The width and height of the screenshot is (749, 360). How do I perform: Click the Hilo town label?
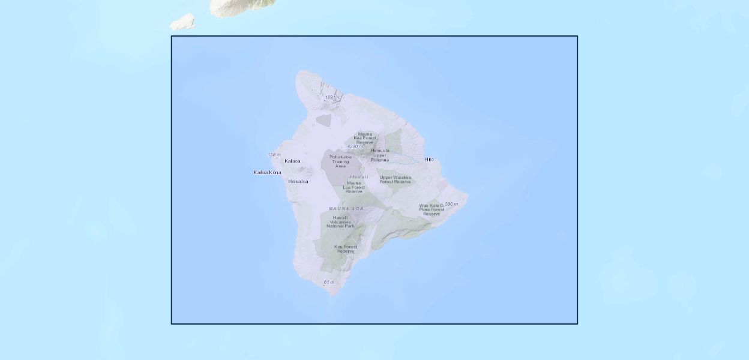429,160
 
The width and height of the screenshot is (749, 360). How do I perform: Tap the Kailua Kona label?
267,172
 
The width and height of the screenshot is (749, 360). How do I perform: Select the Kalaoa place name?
292,161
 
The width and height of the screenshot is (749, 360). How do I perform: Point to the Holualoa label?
298,181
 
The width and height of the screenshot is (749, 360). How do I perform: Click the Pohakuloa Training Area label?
340,161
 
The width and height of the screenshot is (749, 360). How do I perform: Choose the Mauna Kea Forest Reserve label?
364,138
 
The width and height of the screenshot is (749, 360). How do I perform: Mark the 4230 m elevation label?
355,146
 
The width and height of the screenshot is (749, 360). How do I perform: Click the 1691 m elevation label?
332,97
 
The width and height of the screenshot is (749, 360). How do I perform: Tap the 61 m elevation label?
329,282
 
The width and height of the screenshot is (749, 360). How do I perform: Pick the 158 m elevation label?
274,155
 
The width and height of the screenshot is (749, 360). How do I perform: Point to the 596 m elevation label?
451,204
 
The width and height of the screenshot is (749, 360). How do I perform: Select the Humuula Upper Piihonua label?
379,155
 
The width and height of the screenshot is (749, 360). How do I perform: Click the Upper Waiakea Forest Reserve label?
395,179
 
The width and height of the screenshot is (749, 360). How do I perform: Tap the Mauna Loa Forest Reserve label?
353,187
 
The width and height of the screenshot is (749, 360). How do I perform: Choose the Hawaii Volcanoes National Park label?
340,222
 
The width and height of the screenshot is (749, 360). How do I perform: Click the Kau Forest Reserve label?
346,248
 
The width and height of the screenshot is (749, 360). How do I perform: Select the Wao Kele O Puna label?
432,209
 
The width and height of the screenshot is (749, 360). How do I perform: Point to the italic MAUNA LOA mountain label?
346,208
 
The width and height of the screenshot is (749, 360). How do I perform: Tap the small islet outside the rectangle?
182,23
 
